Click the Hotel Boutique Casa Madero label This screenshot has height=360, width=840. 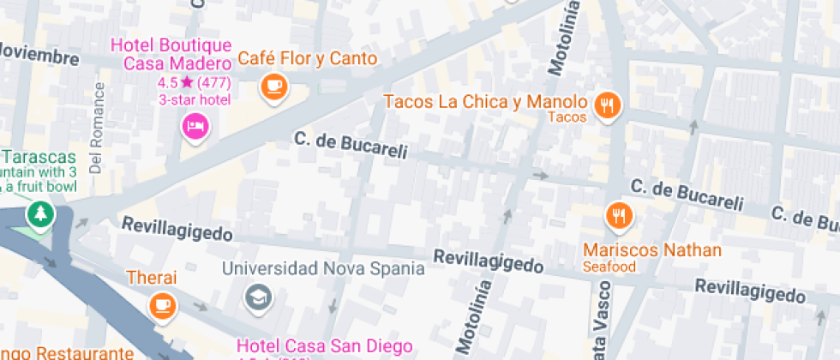point(177,54)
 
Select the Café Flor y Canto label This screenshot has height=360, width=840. point(307,58)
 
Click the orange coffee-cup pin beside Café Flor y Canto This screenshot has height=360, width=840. point(273,85)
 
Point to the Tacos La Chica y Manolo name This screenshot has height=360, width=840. point(485,102)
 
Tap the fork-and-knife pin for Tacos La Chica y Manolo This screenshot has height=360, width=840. point(609,105)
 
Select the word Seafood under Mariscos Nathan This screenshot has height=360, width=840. point(609,267)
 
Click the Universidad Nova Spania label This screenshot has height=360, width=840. point(323,268)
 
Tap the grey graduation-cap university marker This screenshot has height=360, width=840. point(256,298)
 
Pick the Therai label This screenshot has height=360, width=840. point(151,278)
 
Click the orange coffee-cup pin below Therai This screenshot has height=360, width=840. point(161,305)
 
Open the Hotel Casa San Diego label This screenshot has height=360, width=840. point(318,347)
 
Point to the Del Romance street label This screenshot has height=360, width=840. point(96,128)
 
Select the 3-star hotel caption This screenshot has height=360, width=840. point(195,100)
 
